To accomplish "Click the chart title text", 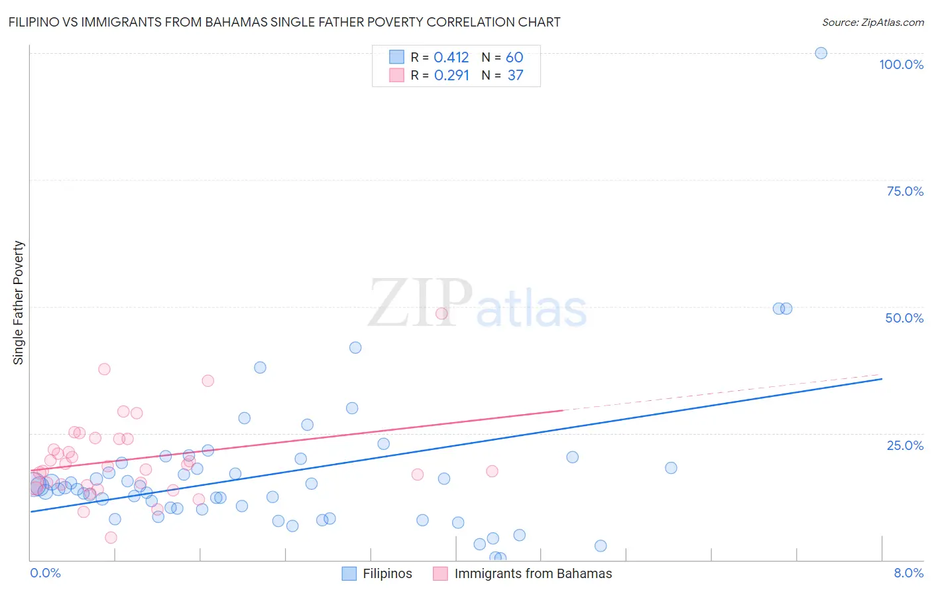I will tap(284, 23).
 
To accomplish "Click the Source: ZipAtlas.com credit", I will tap(872, 23).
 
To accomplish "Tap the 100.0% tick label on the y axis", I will tap(901, 64).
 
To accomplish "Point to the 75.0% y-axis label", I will tap(905, 191).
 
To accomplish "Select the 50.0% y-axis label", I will tap(904, 318).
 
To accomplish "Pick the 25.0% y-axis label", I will tap(905, 445).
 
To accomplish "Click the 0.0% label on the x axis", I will tap(45, 573).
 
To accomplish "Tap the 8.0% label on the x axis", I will tap(908, 573).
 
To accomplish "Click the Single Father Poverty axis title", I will tap(19, 303).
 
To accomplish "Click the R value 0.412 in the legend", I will tap(451, 58).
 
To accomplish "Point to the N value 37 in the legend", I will tap(515, 76).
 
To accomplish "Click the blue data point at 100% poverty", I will tap(821, 53).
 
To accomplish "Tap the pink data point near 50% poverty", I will tap(441, 313).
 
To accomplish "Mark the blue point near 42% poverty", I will tap(355, 348).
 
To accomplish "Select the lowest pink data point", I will tap(111, 538).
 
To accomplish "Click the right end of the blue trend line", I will tap(882, 378).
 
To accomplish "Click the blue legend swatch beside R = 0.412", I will tap(396, 57).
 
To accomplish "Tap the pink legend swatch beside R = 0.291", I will tap(396, 75).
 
